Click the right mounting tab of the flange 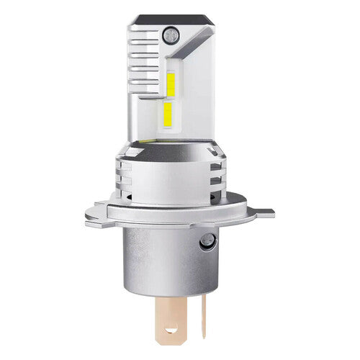(263, 213)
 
